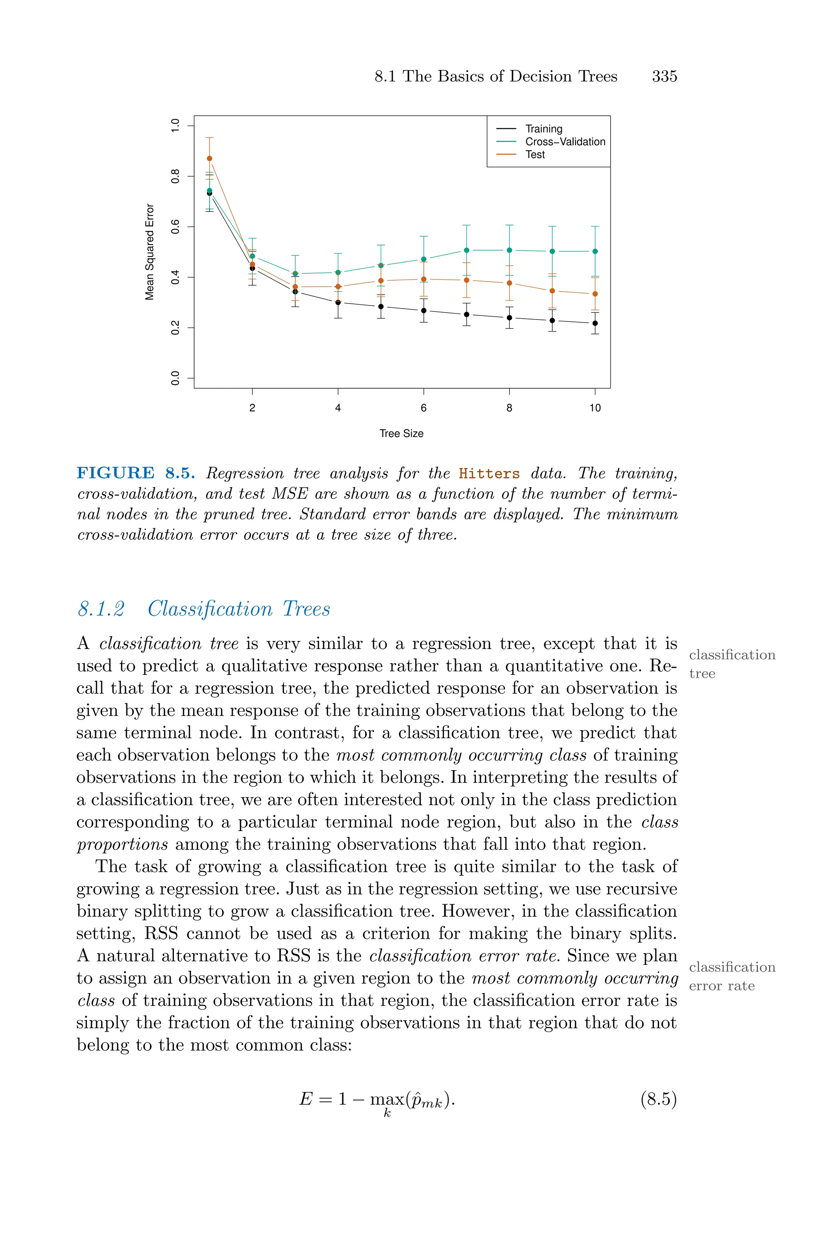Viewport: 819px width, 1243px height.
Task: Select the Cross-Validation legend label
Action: tap(565, 142)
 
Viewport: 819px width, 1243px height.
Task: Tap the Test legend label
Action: tap(535, 155)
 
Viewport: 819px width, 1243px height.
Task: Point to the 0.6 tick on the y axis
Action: tap(176, 226)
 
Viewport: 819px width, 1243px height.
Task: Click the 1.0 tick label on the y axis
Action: tap(176, 125)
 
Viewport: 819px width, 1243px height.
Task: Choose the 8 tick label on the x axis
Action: tap(509, 408)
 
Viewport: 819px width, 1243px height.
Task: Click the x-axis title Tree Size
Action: tap(401, 433)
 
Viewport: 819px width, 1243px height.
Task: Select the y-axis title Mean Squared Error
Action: tap(150, 251)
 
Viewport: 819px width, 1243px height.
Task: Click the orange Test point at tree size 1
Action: tap(210, 159)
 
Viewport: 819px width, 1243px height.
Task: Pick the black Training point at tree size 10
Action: tap(595, 323)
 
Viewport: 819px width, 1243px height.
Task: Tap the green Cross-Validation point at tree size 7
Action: tap(466, 250)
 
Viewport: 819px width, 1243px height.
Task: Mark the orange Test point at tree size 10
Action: tap(595, 294)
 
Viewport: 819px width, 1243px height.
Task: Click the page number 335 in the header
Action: tap(664, 76)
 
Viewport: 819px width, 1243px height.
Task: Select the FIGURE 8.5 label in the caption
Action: tap(136, 473)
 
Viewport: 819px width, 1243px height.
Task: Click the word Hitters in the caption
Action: tap(489, 474)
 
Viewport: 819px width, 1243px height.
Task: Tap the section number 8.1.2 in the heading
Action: tap(101, 609)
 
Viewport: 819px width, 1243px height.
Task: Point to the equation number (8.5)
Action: tap(658, 1099)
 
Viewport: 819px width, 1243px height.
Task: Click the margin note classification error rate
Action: tap(731, 976)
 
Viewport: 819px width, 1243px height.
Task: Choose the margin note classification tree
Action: tap(731, 664)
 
